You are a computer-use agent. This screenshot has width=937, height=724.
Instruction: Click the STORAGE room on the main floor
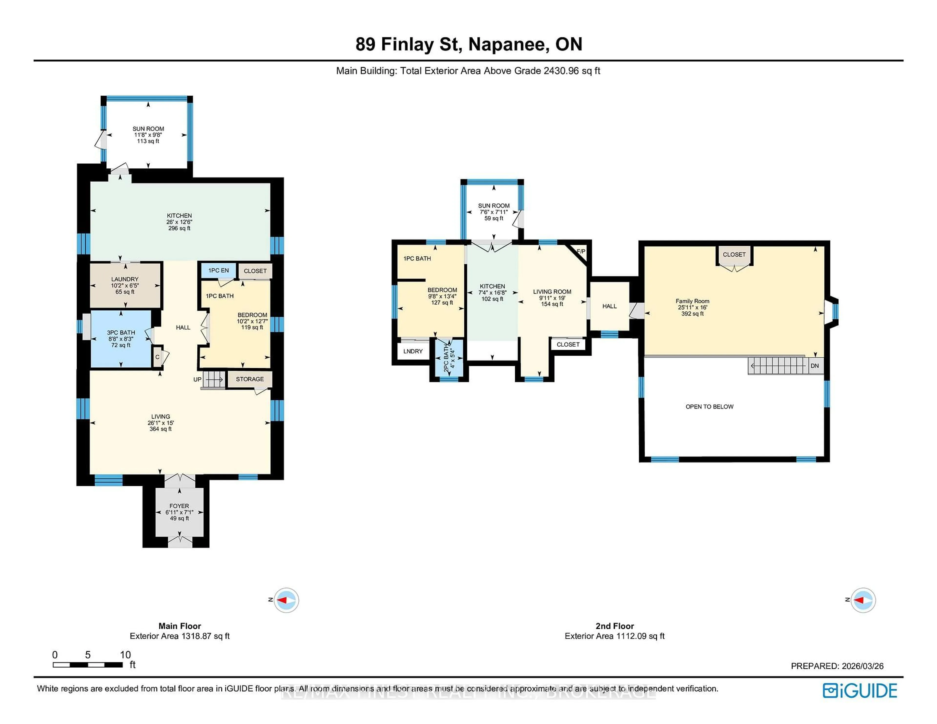click(x=250, y=379)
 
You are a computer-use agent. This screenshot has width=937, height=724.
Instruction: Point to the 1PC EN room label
click(x=218, y=270)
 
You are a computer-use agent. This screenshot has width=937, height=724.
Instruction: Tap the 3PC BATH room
click(x=121, y=338)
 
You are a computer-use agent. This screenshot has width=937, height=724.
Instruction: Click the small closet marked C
click(x=157, y=357)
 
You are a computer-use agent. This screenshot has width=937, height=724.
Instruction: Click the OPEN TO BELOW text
click(x=709, y=407)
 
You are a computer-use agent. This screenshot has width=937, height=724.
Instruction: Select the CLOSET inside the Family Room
click(x=734, y=254)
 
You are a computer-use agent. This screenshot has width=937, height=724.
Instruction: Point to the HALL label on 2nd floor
click(x=609, y=306)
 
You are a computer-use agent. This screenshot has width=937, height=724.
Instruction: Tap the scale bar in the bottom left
click(x=88, y=665)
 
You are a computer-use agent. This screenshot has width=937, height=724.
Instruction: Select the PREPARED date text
click(x=837, y=666)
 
